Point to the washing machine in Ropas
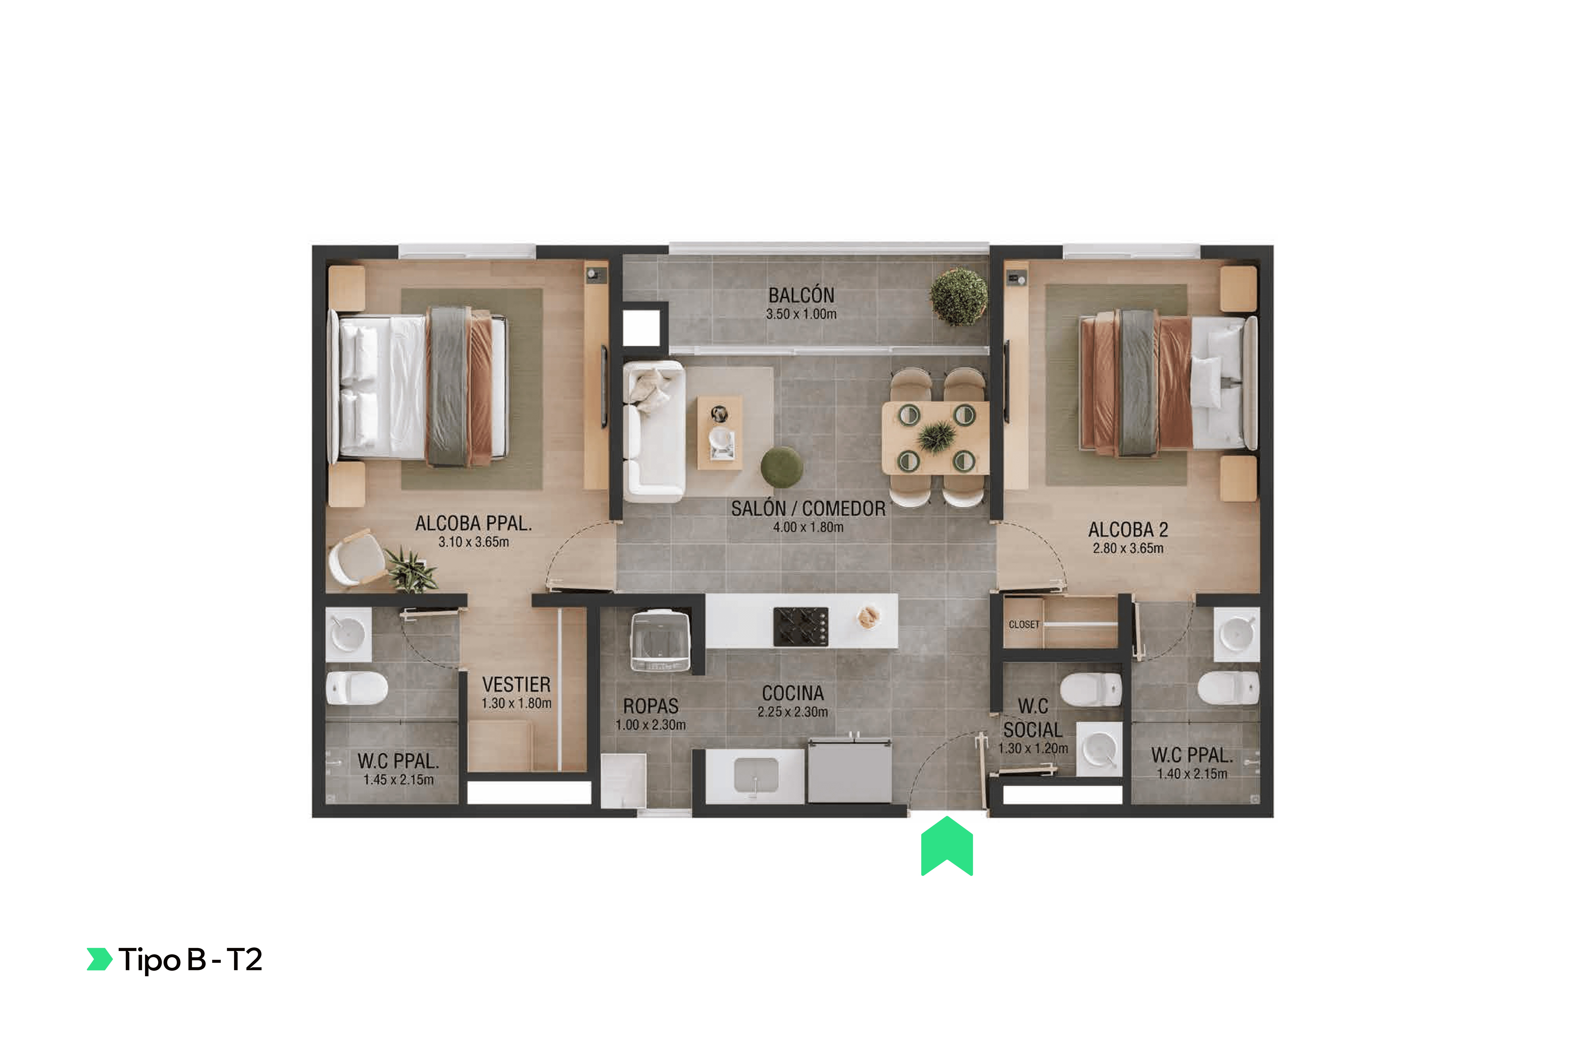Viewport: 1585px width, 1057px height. coord(660,640)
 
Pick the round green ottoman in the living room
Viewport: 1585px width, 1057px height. coord(782,467)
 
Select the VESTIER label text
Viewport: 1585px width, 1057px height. coord(516,684)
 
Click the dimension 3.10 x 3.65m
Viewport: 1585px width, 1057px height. coord(474,542)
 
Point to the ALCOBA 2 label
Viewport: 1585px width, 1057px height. coord(1128,530)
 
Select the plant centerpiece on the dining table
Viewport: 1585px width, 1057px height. coord(936,436)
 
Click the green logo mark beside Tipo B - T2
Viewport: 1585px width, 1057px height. coord(99,959)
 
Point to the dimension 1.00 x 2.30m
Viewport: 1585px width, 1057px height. coord(650,725)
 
